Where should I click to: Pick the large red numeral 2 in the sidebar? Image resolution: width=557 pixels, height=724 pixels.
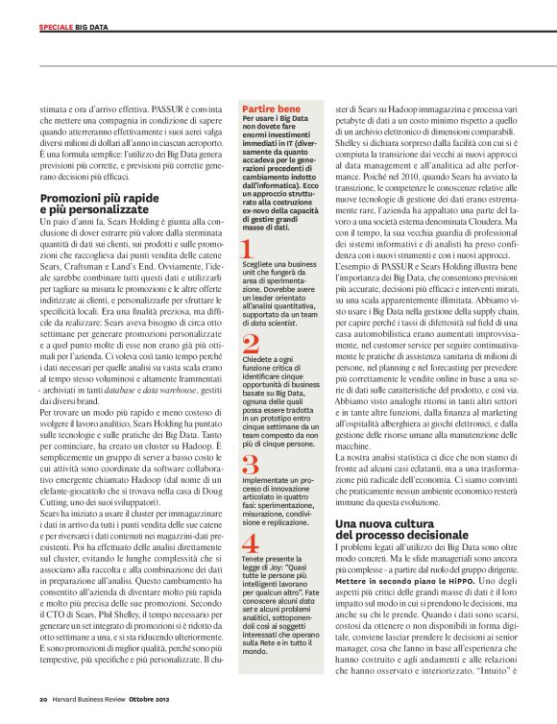click(249, 345)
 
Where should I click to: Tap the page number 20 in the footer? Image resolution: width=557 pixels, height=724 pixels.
click(43, 698)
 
